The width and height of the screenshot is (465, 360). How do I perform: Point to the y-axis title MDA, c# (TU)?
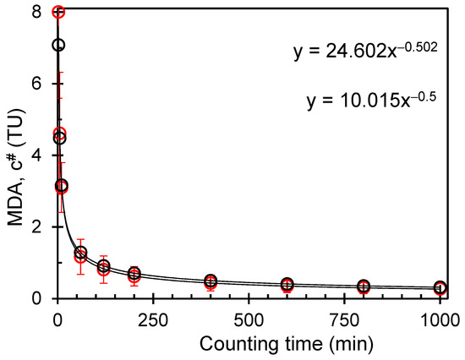tap(15, 156)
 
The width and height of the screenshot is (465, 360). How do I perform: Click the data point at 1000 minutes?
tap(440, 288)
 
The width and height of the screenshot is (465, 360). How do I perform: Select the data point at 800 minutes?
tap(364, 286)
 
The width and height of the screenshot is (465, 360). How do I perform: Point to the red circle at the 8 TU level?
tap(57, 12)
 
